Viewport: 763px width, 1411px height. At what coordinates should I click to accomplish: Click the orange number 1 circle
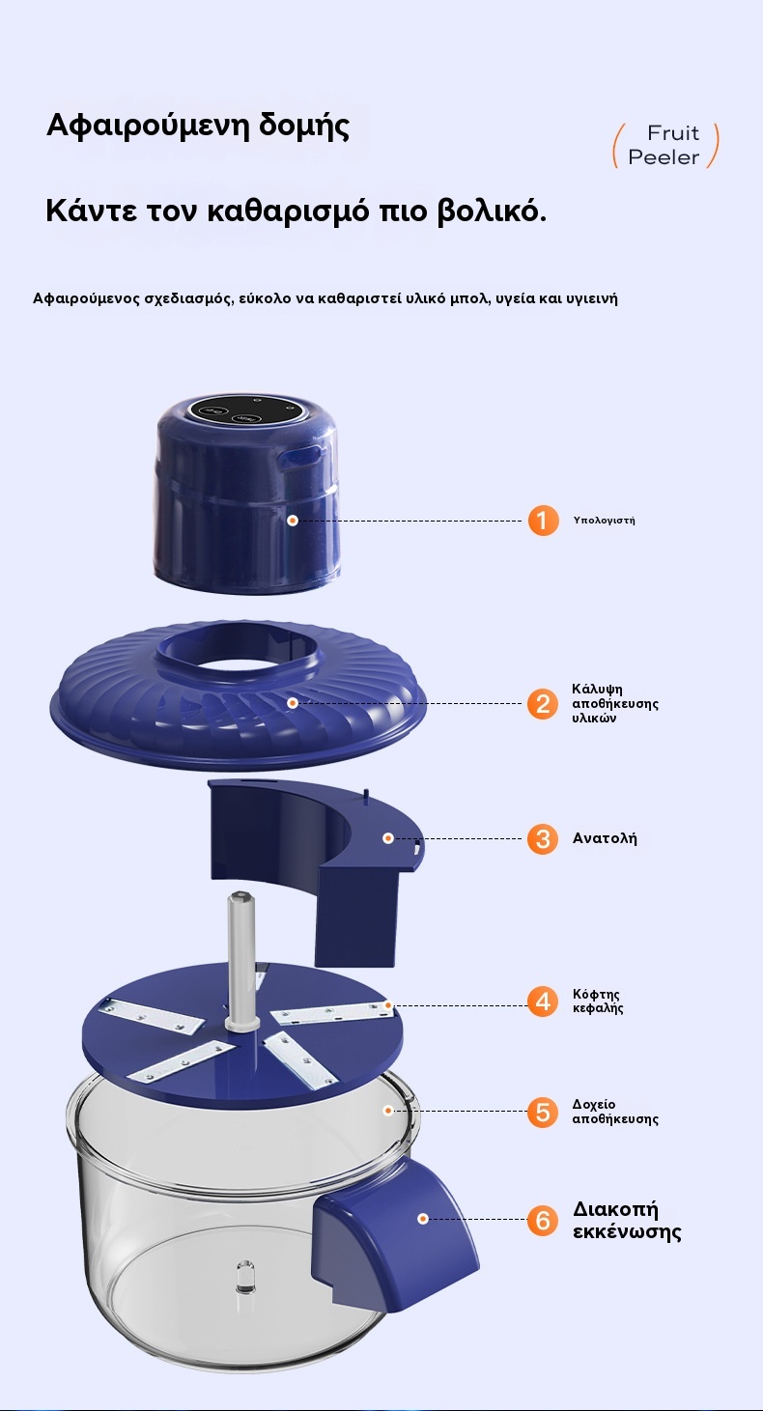pyautogui.click(x=543, y=521)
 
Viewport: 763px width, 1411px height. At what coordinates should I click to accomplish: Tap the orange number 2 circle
pyautogui.click(x=543, y=704)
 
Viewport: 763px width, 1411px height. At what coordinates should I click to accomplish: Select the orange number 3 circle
pyautogui.click(x=543, y=839)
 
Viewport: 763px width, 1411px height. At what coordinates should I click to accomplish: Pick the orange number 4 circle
pyautogui.click(x=543, y=1001)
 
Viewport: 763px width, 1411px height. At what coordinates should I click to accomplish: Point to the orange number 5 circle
pyautogui.click(x=543, y=1112)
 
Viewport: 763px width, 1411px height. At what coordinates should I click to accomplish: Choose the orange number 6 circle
pyautogui.click(x=543, y=1220)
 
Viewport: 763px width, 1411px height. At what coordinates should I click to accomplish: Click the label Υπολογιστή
pyautogui.click(x=605, y=521)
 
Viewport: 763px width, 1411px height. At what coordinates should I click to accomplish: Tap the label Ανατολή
pyautogui.click(x=605, y=838)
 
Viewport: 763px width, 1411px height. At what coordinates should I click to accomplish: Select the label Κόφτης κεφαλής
pyautogui.click(x=598, y=1001)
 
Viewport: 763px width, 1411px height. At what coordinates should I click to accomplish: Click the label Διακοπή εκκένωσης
pyautogui.click(x=627, y=1220)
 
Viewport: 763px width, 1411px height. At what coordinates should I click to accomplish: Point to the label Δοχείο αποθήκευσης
pyautogui.click(x=615, y=1112)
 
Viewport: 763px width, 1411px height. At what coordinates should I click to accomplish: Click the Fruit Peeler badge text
pyautogui.click(x=664, y=145)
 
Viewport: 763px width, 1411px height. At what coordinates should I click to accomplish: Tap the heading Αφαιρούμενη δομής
pyautogui.click(x=198, y=126)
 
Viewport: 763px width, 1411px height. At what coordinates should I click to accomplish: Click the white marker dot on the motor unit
pyautogui.click(x=293, y=521)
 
